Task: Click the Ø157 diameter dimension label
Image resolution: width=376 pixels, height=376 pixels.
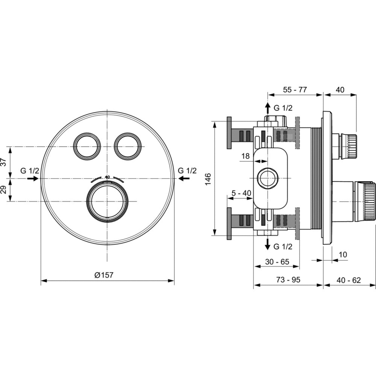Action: tap(104, 275)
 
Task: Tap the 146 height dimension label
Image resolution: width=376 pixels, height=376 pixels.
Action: tap(208, 179)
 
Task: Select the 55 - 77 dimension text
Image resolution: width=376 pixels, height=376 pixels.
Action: tap(295, 90)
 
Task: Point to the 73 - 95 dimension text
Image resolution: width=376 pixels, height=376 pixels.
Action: tap(288, 280)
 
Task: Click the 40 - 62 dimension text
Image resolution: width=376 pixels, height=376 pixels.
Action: tap(349, 280)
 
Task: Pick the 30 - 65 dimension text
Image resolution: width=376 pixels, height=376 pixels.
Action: tap(277, 262)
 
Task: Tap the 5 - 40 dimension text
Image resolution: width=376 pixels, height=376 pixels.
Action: tap(241, 193)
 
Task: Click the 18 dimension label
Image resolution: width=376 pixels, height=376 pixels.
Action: tap(245, 156)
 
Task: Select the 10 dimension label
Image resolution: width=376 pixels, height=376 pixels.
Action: tap(343, 255)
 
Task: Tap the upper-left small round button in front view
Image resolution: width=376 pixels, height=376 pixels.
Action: tap(87, 146)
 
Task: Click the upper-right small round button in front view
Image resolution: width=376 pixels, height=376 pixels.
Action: tap(127, 146)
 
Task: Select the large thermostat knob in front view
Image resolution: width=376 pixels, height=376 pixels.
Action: tap(107, 202)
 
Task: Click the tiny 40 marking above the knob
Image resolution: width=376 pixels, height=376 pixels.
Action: tap(107, 177)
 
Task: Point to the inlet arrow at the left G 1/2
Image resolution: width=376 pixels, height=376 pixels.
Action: tap(33, 178)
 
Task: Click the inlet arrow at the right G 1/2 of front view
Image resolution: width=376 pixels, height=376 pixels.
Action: tap(184, 178)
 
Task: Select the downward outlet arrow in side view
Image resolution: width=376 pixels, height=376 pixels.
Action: tap(268, 244)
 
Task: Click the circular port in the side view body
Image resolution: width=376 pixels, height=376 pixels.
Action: tap(267, 178)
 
